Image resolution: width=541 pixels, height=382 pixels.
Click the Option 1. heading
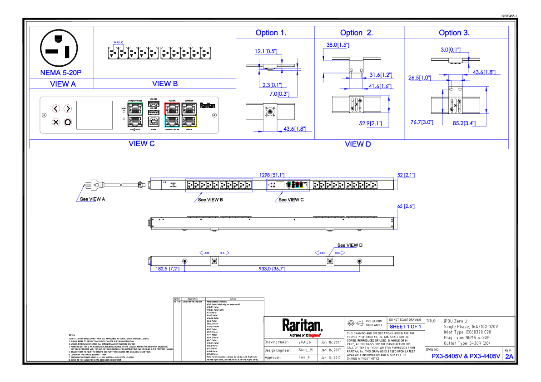pos(271,33)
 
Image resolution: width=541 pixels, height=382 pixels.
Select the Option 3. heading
pos(454,33)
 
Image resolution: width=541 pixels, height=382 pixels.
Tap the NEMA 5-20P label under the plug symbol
pos(61,73)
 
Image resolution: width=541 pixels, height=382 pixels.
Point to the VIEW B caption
pos(164,83)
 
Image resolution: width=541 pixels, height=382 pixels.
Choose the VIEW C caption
pos(141,143)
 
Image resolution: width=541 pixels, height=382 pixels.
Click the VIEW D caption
pos(357,144)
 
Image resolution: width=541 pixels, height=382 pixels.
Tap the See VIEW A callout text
pos(92,199)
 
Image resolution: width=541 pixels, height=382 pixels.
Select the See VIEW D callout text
pos(349,245)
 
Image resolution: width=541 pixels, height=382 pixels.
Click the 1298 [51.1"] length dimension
pos(272,175)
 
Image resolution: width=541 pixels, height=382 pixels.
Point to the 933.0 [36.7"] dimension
pos(272,269)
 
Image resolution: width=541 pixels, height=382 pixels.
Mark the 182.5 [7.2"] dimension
pos(168,269)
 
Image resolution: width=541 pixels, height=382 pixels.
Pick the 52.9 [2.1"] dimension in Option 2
pos(370,123)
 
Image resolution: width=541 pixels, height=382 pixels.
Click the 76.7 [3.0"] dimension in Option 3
pos(421,122)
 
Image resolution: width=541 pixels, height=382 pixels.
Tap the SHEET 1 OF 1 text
pos(406,327)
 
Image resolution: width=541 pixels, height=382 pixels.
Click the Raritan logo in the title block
pos(303,325)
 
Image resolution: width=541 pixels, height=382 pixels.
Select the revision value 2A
pos(509,357)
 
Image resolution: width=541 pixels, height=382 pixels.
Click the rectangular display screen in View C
pos(94,115)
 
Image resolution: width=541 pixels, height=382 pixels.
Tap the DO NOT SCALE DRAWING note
pos(405,320)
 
